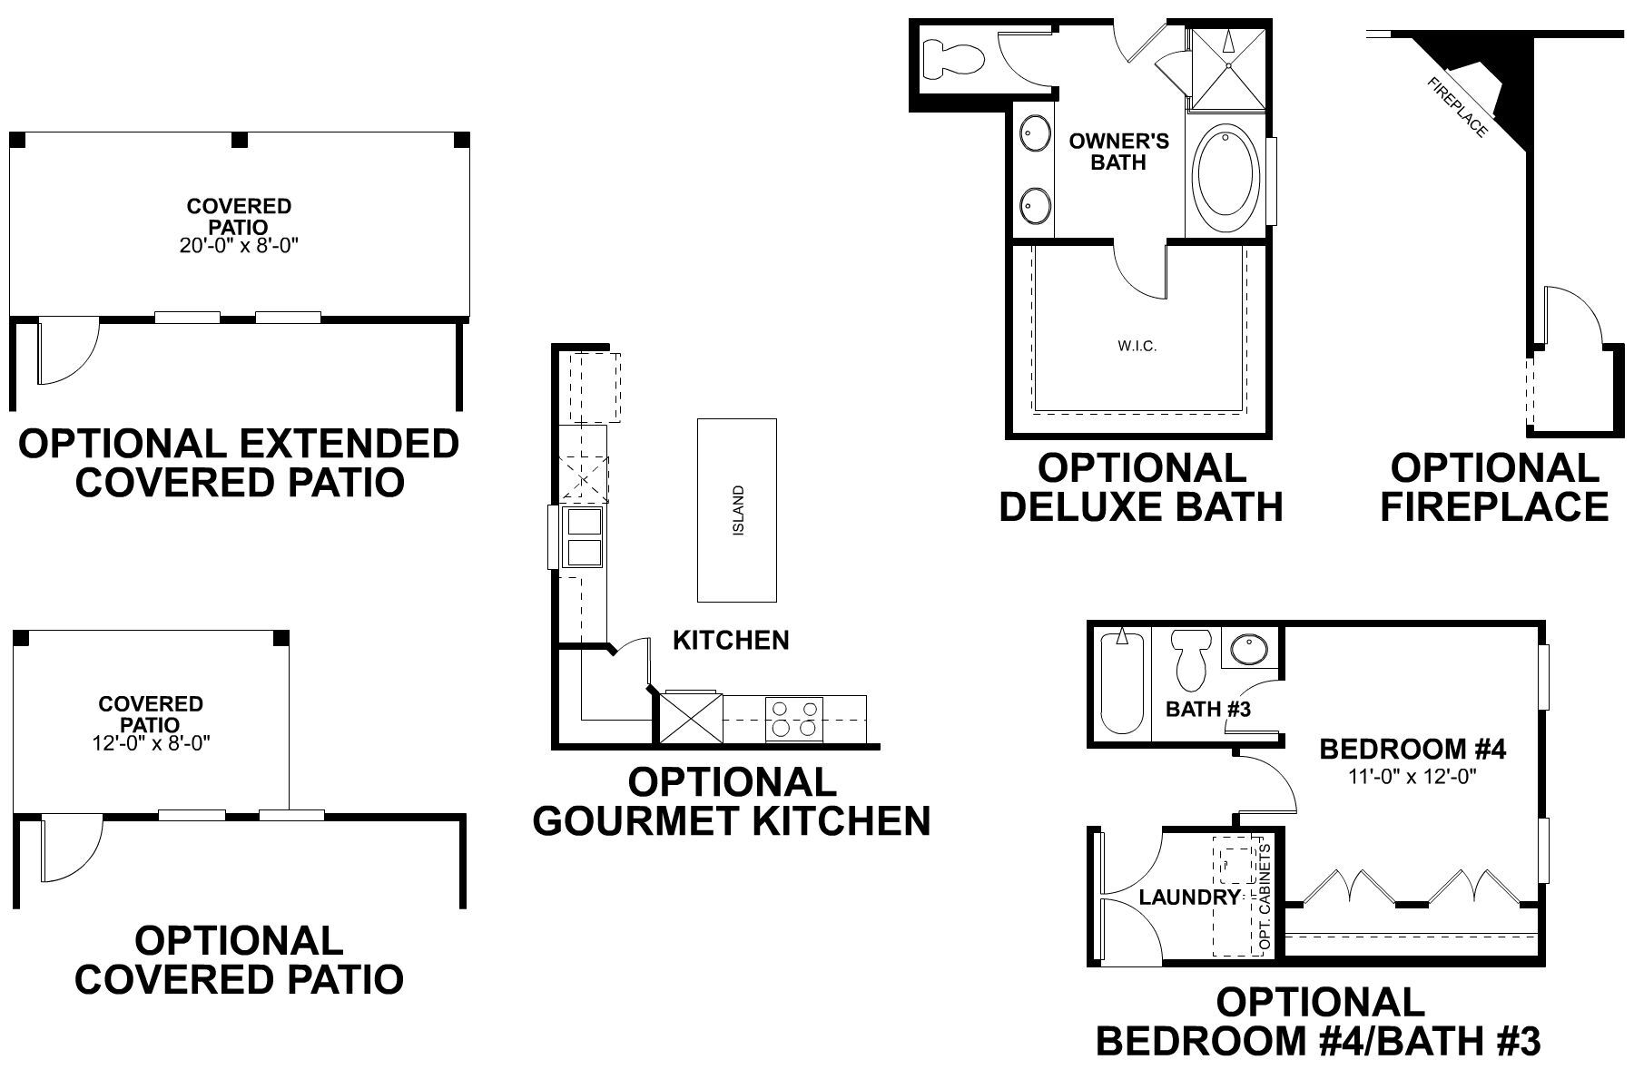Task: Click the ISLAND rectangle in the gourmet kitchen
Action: pyautogui.click(x=736, y=509)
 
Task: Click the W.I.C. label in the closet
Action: pyautogui.click(x=1137, y=346)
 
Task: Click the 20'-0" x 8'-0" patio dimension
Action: pyautogui.click(x=239, y=246)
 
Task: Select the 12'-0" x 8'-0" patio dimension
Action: pyautogui.click(x=151, y=743)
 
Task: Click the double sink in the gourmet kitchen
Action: pyautogui.click(x=584, y=538)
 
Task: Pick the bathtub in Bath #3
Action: pyautogui.click(x=1122, y=682)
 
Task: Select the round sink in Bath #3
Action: pyautogui.click(x=1250, y=650)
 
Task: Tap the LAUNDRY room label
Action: pyautogui.click(x=1189, y=898)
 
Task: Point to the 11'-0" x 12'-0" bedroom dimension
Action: pyautogui.click(x=1413, y=776)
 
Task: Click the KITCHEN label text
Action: pyautogui.click(x=731, y=640)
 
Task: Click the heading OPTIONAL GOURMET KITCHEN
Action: pyautogui.click(x=732, y=801)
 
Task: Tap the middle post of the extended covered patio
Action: pyautogui.click(x=240, y=140)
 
